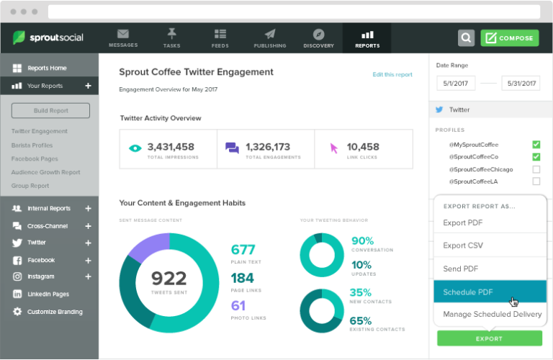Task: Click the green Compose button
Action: coord(510,38)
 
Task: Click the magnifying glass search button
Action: coord(467,38)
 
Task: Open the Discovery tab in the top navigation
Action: coord(318,38)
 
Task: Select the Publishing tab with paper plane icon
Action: coord(270,38)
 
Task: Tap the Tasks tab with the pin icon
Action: coord(171,38)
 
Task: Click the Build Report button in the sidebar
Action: coord(50,110)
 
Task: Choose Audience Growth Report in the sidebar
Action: coord(45,172)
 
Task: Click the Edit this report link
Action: coord(392,74)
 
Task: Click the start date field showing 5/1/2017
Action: coord(455,84)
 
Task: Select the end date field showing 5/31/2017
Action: coord(520,84)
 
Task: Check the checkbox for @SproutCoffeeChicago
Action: coord(536,170)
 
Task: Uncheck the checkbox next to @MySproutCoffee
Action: coord(536,144)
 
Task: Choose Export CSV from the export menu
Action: coord(462,246)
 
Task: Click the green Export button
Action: coord(489,338)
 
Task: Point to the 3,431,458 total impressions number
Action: coord(170,146)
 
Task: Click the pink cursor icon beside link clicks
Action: coord(333,148)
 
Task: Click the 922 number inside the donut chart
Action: coord(168,278)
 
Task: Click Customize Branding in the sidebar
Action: coord(55,312)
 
